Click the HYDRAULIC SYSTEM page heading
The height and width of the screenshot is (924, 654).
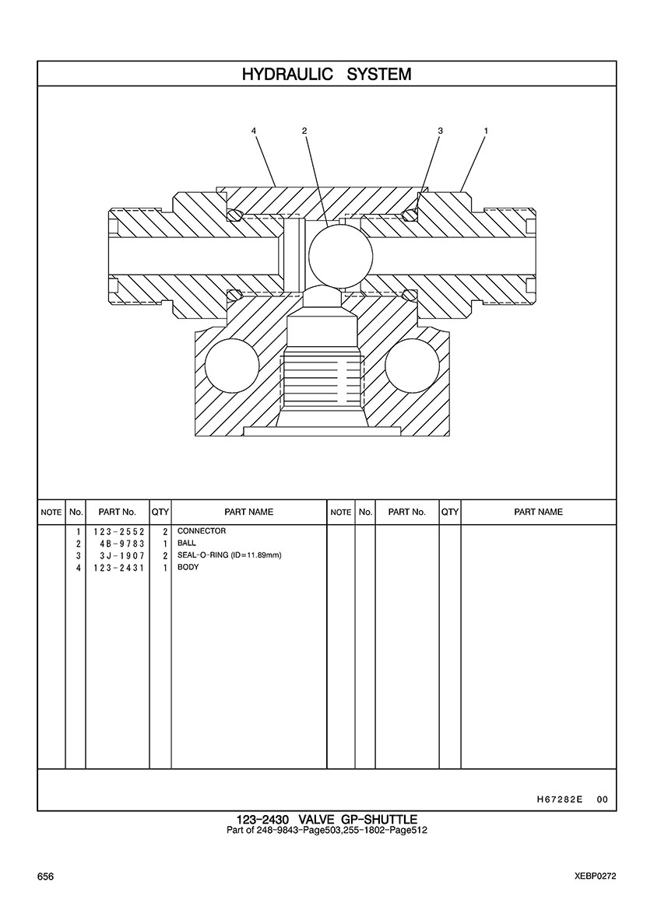327,74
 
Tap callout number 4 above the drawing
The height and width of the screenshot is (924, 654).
254,130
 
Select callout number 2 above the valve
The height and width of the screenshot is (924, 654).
304,130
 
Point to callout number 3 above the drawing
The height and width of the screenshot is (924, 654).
440,130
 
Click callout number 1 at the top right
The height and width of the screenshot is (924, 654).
485,130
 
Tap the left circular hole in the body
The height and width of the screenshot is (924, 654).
232,366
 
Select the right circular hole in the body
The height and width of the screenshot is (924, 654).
412,366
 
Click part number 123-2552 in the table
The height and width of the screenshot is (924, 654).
118,531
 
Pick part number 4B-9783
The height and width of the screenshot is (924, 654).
122,544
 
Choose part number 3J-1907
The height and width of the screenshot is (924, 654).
122,555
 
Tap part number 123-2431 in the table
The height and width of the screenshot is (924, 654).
118,568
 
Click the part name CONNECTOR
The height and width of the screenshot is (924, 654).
202,531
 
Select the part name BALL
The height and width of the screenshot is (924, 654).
187,543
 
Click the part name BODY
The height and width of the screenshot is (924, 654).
188,567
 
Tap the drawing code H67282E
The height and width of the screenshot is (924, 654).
560,800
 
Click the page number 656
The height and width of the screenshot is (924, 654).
45,877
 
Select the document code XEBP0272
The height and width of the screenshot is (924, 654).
596,877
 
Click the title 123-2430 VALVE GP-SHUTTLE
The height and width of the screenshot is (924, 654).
327,819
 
